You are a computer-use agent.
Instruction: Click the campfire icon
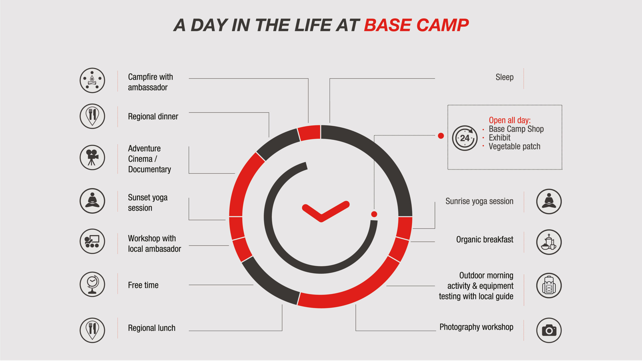(x=92, y=80)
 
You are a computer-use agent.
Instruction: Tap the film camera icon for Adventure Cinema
(x=92, y=157)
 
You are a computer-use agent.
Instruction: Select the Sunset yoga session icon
(x=92, y=201)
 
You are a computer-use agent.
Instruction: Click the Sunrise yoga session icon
(x=549, y=201)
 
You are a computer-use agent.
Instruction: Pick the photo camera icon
(x=549, y=330)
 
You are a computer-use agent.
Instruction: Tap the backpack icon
(x=549, y=286)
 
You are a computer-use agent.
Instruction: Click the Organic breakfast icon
(x=549, y=242)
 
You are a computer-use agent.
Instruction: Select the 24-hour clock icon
(x=465, y=138)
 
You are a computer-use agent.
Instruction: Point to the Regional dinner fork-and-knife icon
(x=92, y=116)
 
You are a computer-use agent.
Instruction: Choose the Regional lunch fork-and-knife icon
(x=92, y=330)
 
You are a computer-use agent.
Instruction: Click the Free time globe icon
(x=92, y=284)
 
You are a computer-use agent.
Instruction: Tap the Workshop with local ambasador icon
(x=92, y=241)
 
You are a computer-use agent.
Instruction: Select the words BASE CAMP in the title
(x=416, y=25)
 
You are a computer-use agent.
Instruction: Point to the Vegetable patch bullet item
(x=514, y=146)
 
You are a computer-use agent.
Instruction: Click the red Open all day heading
(x=510, y=120)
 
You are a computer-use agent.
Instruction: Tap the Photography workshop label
(x=476, y=327)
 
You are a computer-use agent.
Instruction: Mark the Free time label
(x=143, y=285)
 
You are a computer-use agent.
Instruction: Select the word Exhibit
(x=500, y=138)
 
